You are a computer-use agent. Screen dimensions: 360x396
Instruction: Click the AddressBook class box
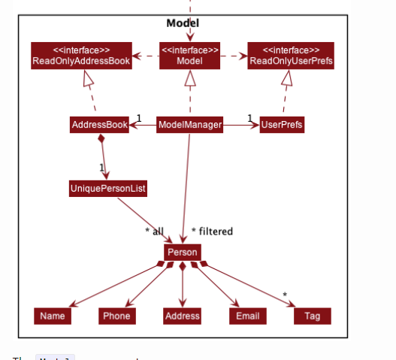coord(99,125)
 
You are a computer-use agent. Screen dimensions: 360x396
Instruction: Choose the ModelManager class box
coord(190,125)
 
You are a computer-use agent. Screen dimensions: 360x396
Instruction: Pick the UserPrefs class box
coord(282,125)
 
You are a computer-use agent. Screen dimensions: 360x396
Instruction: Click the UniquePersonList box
coord(107,189)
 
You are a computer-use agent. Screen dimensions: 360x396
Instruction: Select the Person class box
coord(183,253)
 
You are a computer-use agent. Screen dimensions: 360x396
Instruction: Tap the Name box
coord(53,316)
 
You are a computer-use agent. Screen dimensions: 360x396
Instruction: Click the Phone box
coord(117,316)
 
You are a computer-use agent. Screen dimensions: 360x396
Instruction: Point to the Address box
coord(183,316)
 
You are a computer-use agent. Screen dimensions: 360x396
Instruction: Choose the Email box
coord(248,316)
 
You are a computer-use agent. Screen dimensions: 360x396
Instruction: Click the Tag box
coord(313,316)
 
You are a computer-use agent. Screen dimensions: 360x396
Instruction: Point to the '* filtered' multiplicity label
coord(212,231)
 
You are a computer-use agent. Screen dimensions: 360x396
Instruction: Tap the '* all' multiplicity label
coord(154,231)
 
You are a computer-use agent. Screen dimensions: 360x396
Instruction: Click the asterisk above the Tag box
coord(285,294)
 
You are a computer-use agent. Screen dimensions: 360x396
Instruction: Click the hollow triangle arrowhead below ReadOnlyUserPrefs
coord(287,79)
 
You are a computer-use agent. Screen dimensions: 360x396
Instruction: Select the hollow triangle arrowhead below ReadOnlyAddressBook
coord(87,79)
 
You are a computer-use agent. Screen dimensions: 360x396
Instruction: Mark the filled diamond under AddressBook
coord(100,140)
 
